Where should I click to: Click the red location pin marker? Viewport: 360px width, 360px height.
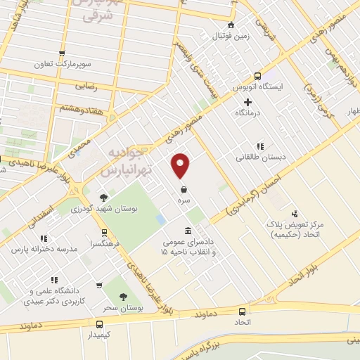[181, 166]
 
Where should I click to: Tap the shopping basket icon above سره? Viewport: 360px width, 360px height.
[184, 189]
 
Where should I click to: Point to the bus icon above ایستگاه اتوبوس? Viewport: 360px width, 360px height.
[257, 77]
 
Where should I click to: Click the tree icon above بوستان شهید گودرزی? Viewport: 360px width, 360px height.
[104, 198]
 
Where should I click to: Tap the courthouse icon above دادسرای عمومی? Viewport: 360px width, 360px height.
[187, 231]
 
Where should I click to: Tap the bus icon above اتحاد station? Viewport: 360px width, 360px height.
[243, 311]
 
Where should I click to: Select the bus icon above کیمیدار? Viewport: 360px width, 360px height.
[99, 325]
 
